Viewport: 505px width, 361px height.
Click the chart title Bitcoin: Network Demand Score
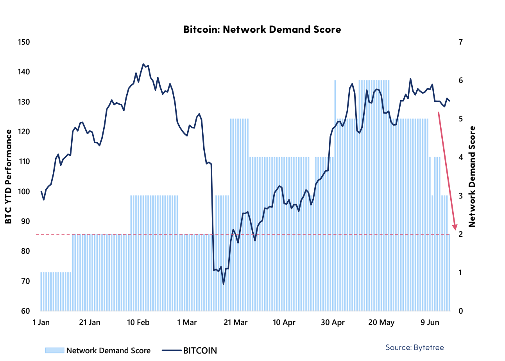coord(262,29)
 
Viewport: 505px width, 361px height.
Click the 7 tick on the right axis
coord(460,42)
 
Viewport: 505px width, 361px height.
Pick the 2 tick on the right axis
coord(460,234)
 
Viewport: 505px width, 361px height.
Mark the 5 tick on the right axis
coord(460,119)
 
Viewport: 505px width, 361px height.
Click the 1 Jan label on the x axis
coord(41,323)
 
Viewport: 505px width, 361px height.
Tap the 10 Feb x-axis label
coord(138,323)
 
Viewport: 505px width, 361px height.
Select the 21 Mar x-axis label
coord(235,323)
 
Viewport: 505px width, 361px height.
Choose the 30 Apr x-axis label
coord(333,323)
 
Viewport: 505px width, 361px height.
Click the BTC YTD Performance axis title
coord(8,177)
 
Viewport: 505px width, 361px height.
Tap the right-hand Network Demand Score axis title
coord(472,177)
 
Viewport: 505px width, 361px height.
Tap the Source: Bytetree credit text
coord(415,347)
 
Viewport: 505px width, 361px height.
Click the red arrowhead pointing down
coord(455,227)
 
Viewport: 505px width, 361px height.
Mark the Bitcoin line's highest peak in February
coord(143,64)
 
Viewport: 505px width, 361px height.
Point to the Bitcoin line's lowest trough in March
coord(224,284)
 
